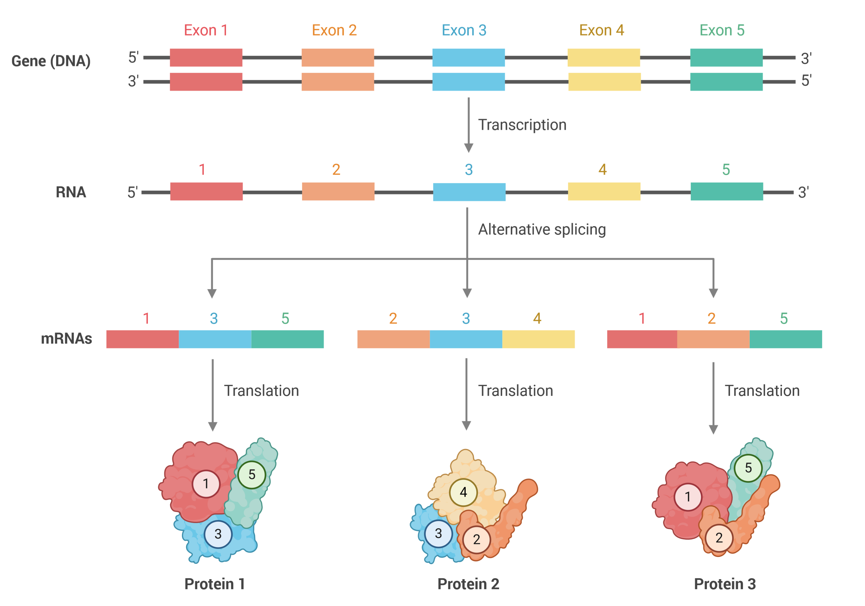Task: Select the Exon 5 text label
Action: pyautogui.click(x=722, y=30)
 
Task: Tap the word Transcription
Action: pyautogui.click(x=522, y=125)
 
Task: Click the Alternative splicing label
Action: pyautogui.click(x=542, y=229)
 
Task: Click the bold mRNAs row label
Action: pyautogui.click(x=66, y=338)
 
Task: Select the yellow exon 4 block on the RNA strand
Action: pyautogui.click(x=604, y=192)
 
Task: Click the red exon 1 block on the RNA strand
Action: pyautogui.click(x=206, y=192)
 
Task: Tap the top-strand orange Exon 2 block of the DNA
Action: pyautogui.click(x=338, y=58)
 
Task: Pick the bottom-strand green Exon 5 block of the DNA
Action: pyautogui.click(x=726, y=82)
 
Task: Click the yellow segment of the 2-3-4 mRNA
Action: pyautogui.click(x=538, y=339)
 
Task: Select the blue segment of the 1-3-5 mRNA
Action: pyautogui.click(x=215, y=339)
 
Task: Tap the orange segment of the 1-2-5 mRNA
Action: pyautogui.click(x=713, y=339)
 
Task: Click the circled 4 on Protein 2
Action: pyautogui.click(x=463, y=492)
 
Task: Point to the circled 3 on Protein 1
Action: pyautogui.click(x=218, y=534)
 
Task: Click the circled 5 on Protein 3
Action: pyautogui.click(x=748, y=468)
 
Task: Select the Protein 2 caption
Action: pyautogui.click(x=468, y=584)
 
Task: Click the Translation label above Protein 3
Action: pyautogui.click(x=762, y=391)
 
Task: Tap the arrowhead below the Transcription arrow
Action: pyautogui.click(x=469, y=148)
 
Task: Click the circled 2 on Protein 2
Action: pyautogui.click(x=477, y=540)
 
